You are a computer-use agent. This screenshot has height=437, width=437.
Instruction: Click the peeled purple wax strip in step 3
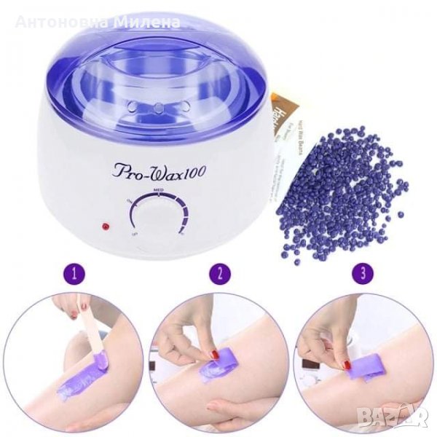(x=371, y=361)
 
